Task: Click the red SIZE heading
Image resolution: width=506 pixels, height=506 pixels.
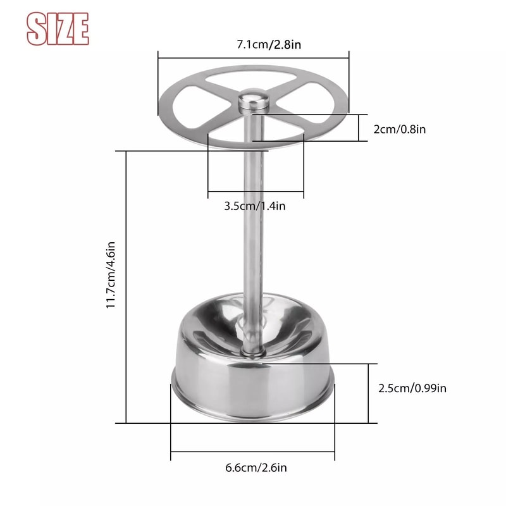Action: tap(58, 28)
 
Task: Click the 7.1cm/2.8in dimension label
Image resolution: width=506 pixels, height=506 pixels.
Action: tap(253, 44)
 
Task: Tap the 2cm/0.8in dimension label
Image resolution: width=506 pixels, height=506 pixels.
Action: tap(399, 129)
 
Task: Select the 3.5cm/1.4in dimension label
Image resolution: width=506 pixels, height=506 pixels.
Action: tap(255, 206)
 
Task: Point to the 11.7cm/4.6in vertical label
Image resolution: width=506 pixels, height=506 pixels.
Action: tap(111, 274)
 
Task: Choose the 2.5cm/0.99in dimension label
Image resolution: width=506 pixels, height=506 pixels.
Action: tap(412, 388)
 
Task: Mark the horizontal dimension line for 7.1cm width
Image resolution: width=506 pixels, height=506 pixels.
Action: tap(253, 58)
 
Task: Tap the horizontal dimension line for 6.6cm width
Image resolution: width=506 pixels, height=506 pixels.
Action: tap(253, 452)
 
